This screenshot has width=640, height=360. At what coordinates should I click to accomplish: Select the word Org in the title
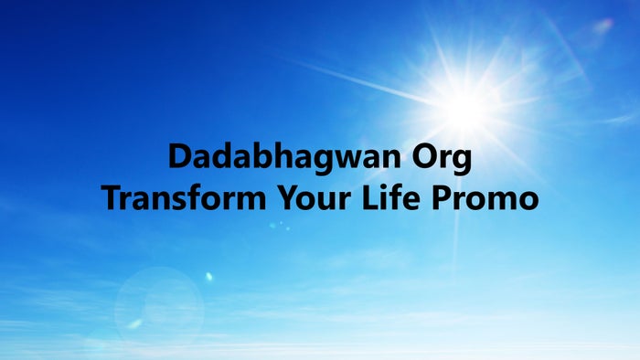[443, 159]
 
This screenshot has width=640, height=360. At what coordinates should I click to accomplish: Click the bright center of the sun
[465, 108]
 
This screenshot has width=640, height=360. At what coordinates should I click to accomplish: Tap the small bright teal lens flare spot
[208, 276]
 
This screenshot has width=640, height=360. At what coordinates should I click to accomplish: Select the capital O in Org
[424, 157]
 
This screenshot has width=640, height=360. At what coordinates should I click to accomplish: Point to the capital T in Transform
[111, 197]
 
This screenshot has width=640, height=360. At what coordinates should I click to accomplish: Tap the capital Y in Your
[277, 197]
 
